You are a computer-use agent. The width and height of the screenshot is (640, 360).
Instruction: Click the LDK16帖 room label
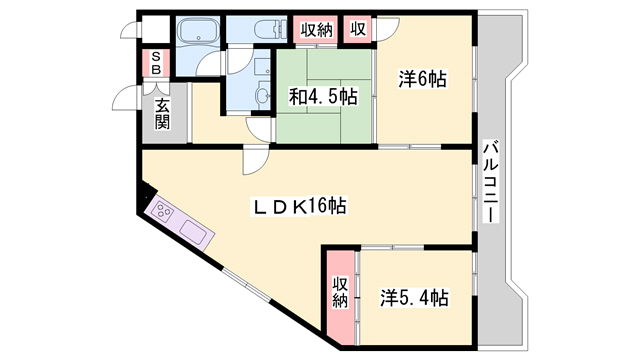(x=299, y=206)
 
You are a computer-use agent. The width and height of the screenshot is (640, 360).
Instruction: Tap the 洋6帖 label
(x=422, y=79)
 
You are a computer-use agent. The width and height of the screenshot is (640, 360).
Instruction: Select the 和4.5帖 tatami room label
(x=324, y=97)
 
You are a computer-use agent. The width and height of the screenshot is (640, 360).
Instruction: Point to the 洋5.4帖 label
(x=414, y=298)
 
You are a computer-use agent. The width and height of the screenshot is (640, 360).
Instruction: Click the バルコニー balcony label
(x=490, y=181)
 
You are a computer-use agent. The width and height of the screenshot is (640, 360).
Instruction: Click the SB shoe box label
(x=156, y=63)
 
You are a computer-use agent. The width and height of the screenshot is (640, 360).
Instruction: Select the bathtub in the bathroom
(x=198, y=31)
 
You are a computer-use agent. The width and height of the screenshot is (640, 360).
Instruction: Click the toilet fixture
(x=270, y=29)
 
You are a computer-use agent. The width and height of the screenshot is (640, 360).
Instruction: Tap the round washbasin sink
(x=262, y=95)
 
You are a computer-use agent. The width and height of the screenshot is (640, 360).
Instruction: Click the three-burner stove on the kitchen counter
(x=163, y=212)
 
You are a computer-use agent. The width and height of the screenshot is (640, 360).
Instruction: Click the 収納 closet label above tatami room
(x=317, y=30)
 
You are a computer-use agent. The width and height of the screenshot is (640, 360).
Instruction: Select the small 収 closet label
(x=358, y=29)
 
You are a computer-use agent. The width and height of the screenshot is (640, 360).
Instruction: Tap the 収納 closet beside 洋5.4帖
(x=340, y=293)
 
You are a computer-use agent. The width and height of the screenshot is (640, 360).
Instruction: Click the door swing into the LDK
(x=256, y=161)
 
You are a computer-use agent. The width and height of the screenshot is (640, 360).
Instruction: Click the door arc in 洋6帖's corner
(x=386, y=29)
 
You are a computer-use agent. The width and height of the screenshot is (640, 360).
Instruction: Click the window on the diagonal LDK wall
(x=247, y=285)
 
